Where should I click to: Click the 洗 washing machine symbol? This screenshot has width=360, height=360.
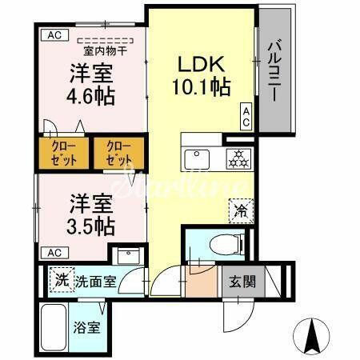62,281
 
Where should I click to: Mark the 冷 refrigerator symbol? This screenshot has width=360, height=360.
240,212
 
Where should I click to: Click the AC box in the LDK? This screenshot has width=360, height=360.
247,117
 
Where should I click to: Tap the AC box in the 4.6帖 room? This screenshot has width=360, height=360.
53,35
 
